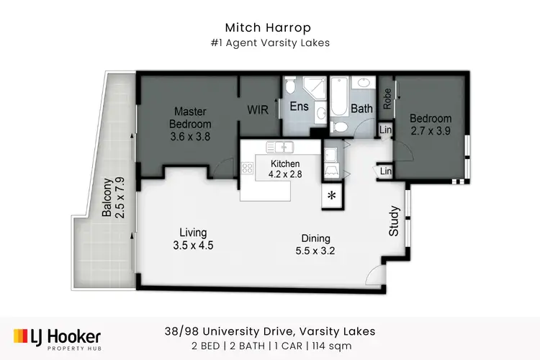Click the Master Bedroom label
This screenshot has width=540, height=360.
(x=189, y=123)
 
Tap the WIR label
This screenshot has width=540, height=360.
(x=258, y=110)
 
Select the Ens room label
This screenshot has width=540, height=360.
(x=298, y=107)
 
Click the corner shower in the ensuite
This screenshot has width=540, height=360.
(x=315, y=89)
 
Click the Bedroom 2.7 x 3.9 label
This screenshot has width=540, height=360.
(x=431, y=125)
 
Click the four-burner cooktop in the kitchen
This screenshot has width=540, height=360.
(x=248, y=169)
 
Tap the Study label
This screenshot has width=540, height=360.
(x=394, y=222)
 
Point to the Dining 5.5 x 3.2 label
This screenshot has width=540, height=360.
(x=315, y=245)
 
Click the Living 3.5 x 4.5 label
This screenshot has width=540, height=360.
(x=193, y=239)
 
